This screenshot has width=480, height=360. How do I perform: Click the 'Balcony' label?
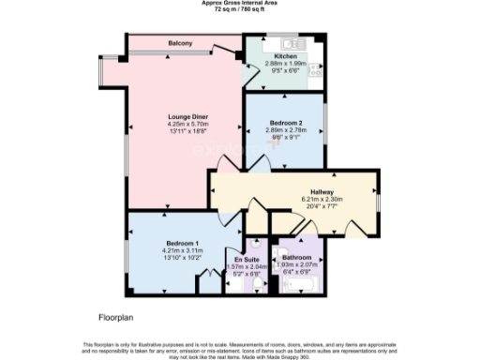(x=181, y=44)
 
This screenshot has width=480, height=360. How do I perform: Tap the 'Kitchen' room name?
(x=287, y=56)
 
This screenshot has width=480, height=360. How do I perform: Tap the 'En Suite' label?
(x=246, y=258)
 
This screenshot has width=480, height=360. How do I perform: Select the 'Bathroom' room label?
(x=295, y=257)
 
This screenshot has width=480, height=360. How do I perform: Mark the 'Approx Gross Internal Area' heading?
(x=240, y=4)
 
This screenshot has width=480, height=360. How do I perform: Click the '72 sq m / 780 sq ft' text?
(x=240, y=10)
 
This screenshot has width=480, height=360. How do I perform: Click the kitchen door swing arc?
(x=251, y=75)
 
